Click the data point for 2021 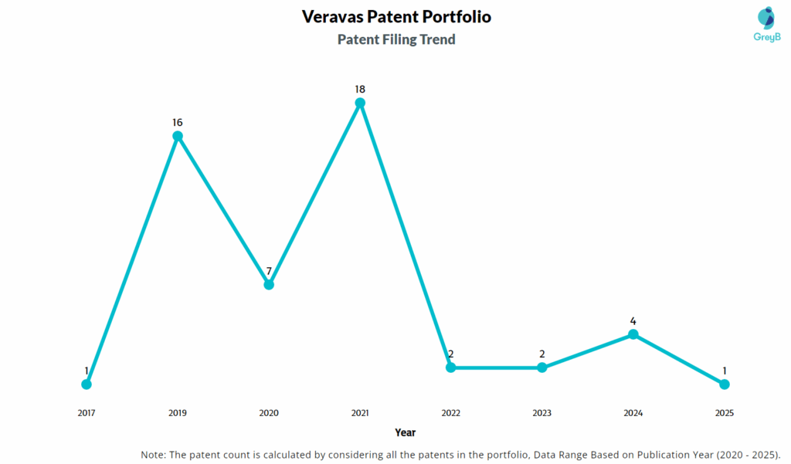tap(360, 103)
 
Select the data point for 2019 tap(178, 136)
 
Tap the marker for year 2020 tap(269, 284)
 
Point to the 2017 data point tap(87, 384)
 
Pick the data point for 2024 tap(633, 334)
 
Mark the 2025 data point tap(725, 384)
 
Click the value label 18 tap(360, 89)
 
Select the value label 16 tap(178, 122)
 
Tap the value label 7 tap(269, 271)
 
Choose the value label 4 tap(633, 320)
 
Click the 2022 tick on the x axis tap(451, 413)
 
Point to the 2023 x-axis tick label tap(542, 413)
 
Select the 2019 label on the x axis tap(178, 413)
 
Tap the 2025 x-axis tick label tap(725, 413)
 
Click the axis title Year tap(405, 432)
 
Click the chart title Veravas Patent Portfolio tap(396, 16)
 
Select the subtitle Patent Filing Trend tap(396, 39)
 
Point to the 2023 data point tap(542, 367)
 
